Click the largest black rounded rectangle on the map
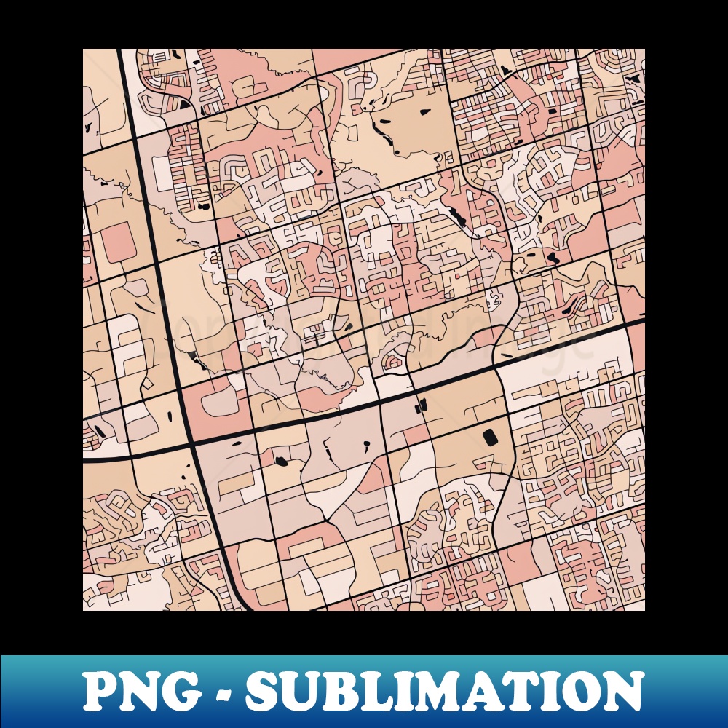click(x=488, y=436)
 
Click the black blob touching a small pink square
click(x=282, y=461)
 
